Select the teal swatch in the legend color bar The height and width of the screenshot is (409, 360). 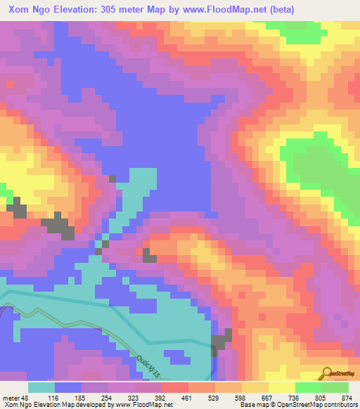coord(41,387)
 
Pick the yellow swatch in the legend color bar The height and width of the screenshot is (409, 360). coord(255,387)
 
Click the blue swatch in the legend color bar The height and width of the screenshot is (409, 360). coord(68,387)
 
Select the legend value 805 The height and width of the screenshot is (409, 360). coord(321,397)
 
